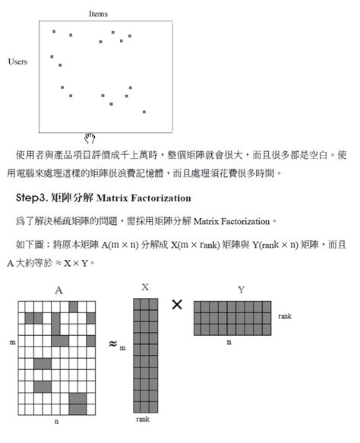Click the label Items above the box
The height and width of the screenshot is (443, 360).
[98, 14]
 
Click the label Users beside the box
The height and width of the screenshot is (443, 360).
[18, 62]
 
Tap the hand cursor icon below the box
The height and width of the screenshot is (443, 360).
[90, 138]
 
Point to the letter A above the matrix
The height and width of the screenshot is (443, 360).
[58, 290]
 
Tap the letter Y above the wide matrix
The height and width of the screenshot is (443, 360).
[241, 290]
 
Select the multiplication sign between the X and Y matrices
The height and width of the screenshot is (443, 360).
[177, 304]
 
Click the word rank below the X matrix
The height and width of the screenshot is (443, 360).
[144, 419]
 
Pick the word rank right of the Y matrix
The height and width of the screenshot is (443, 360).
[286, 315]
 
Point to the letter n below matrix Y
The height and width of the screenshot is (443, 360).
[229, 343]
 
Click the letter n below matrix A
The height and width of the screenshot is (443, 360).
[57, 420]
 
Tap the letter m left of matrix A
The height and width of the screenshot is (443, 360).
[12, 343]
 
